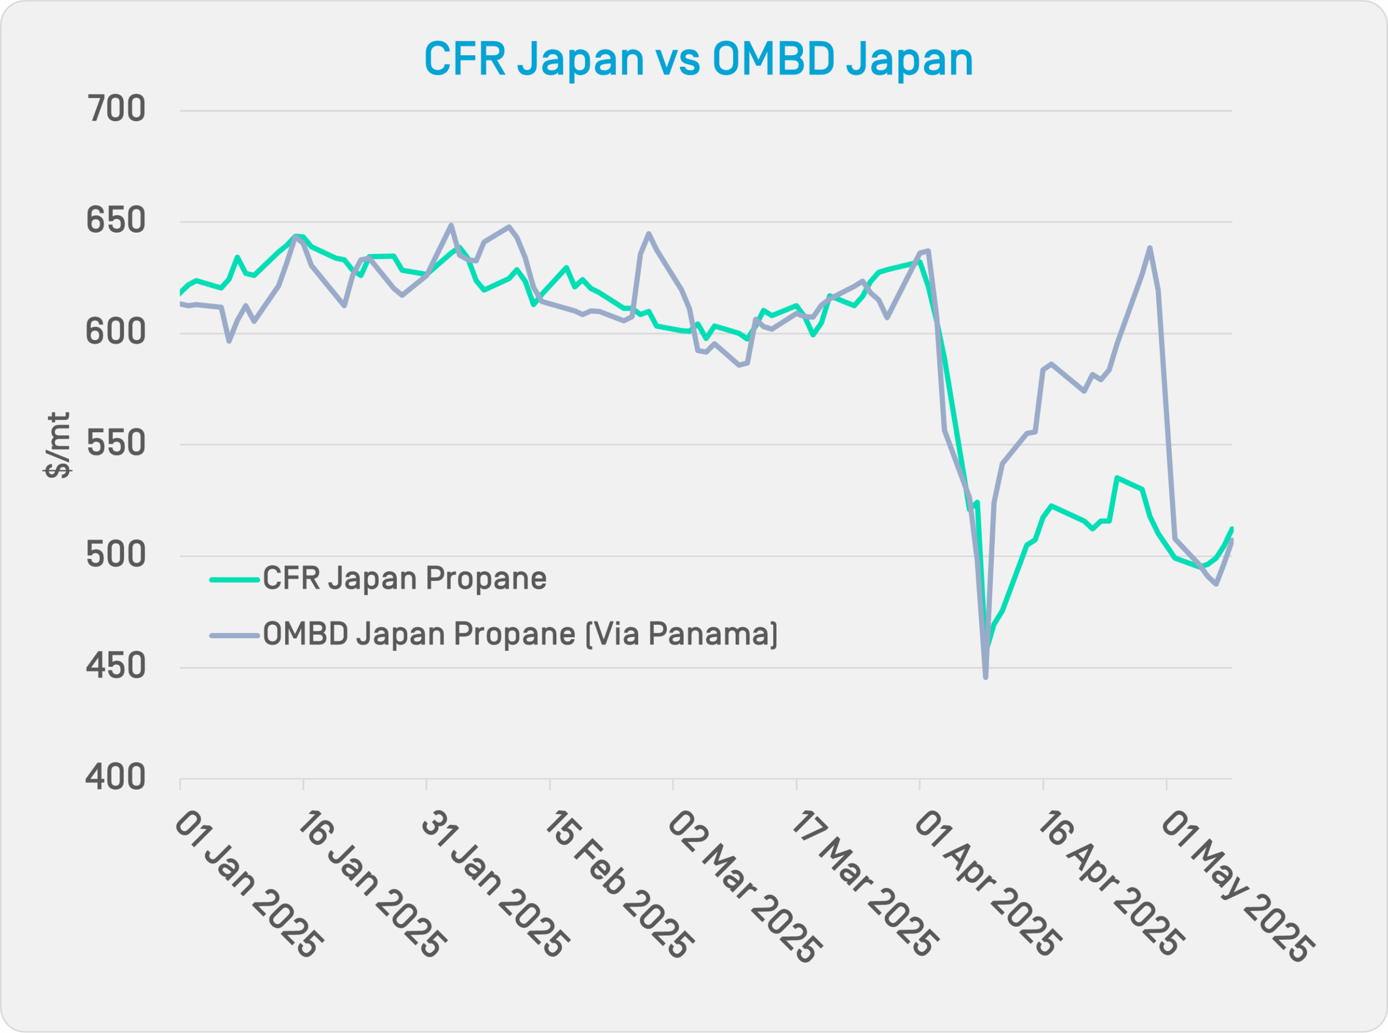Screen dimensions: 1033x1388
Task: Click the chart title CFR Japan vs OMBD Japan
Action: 698,60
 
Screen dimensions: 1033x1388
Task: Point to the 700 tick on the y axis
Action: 115,110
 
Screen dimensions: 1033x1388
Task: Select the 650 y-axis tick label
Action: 115,221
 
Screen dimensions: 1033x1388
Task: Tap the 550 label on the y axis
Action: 115,444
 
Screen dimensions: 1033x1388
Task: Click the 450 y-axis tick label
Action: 115,666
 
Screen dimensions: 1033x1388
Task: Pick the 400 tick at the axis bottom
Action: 115,778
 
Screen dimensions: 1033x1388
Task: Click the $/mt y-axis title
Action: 57,445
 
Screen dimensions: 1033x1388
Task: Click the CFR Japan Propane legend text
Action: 404,579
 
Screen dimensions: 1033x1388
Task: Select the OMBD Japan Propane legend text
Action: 520,634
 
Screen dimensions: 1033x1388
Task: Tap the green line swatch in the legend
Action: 234,580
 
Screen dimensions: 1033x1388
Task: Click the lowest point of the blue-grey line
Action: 985,677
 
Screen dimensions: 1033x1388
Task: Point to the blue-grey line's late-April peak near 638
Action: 1150,248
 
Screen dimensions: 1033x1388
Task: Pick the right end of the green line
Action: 1232,529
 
